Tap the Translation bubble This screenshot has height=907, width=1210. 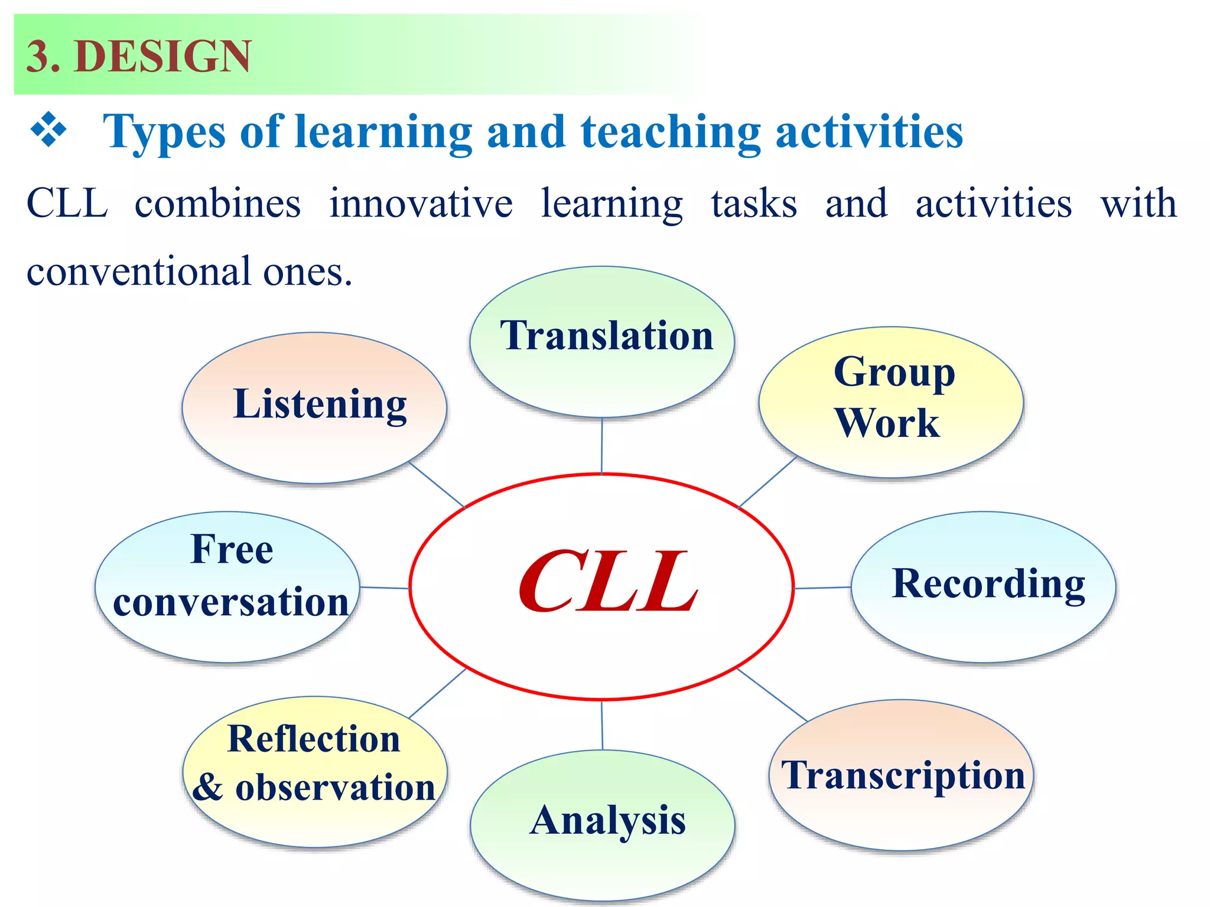coord(602,342)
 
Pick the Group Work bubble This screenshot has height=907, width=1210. coord(891,402)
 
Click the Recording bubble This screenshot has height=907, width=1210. coord(983,586)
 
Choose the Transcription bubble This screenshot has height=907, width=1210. coord(902,775)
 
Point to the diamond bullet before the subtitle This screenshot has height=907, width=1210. coord(48,129)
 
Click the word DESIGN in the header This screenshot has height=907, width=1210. coord(163,57)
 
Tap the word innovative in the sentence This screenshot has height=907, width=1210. coord(421,204)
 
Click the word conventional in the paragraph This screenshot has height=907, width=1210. coord(139,272)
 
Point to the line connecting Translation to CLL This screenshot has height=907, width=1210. coord(602,445)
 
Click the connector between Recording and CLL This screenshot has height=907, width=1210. coord(822,588)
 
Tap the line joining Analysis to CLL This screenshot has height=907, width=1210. coord(602,725)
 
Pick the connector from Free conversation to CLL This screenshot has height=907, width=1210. coord(385,588)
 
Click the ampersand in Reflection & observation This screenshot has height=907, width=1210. coord(208,788)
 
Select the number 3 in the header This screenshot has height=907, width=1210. coord(37,57)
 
